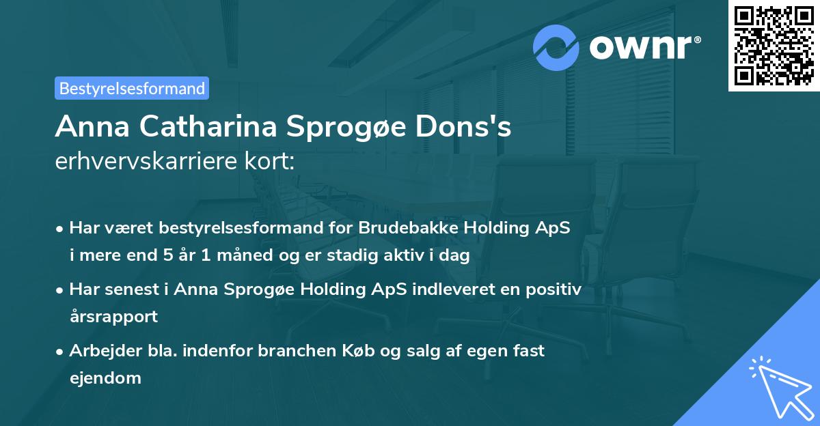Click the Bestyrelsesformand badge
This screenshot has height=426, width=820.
click(132, 88)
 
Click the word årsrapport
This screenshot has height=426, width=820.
click(113, 316)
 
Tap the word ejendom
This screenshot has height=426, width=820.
click(105, 378)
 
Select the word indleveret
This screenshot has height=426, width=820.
click(452, 289)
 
